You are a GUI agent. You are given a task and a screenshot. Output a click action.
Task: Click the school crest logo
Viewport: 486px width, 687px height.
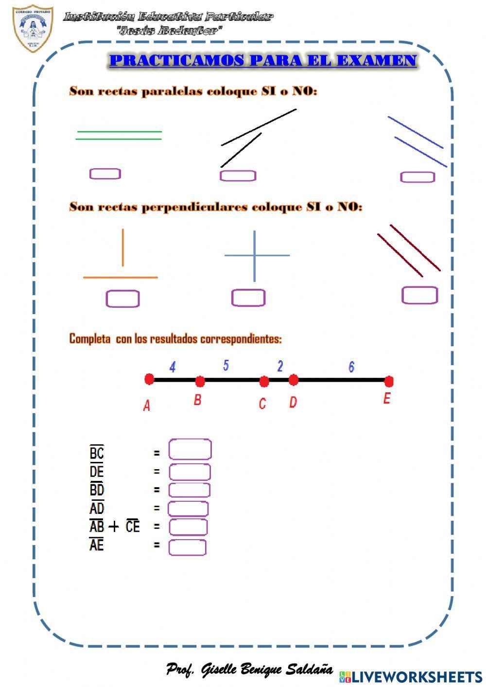click(33, 28)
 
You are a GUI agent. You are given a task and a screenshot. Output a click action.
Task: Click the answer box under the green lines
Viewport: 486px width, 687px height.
click(105, 174)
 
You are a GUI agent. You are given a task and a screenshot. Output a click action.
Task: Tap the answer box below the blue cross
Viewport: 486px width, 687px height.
click(248, 298)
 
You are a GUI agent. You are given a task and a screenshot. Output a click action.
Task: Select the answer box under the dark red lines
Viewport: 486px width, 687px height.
click(419, 295)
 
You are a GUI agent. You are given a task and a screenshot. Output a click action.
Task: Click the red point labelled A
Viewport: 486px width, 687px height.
click(149, 379)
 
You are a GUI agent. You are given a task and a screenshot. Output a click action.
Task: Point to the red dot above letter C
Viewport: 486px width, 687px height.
click(264, 382)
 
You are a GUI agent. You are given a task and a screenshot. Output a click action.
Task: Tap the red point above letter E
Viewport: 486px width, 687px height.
click(388, 381)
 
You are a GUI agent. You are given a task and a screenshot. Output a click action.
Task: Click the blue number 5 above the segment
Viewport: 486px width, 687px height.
click(226, 365)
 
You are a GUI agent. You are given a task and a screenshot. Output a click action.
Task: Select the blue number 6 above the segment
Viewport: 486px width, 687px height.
click(351, 367)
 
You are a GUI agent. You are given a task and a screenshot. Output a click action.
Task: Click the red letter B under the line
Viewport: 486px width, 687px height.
click(197, 400)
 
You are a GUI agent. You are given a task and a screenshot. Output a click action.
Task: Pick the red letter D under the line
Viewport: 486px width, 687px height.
click(293, 403)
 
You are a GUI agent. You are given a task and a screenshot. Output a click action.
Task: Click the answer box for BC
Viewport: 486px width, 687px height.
click(190, 450)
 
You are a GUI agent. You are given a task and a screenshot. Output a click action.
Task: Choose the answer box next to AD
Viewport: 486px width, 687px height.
click(188, 509)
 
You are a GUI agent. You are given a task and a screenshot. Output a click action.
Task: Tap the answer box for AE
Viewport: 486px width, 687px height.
click(187, 547)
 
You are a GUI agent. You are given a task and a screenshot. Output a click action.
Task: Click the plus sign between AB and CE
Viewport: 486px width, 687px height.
click(114, 527)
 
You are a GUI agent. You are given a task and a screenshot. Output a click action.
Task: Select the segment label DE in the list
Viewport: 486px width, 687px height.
click(97, 472)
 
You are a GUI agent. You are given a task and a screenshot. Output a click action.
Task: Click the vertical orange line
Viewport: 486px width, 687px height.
click(123, 247)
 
